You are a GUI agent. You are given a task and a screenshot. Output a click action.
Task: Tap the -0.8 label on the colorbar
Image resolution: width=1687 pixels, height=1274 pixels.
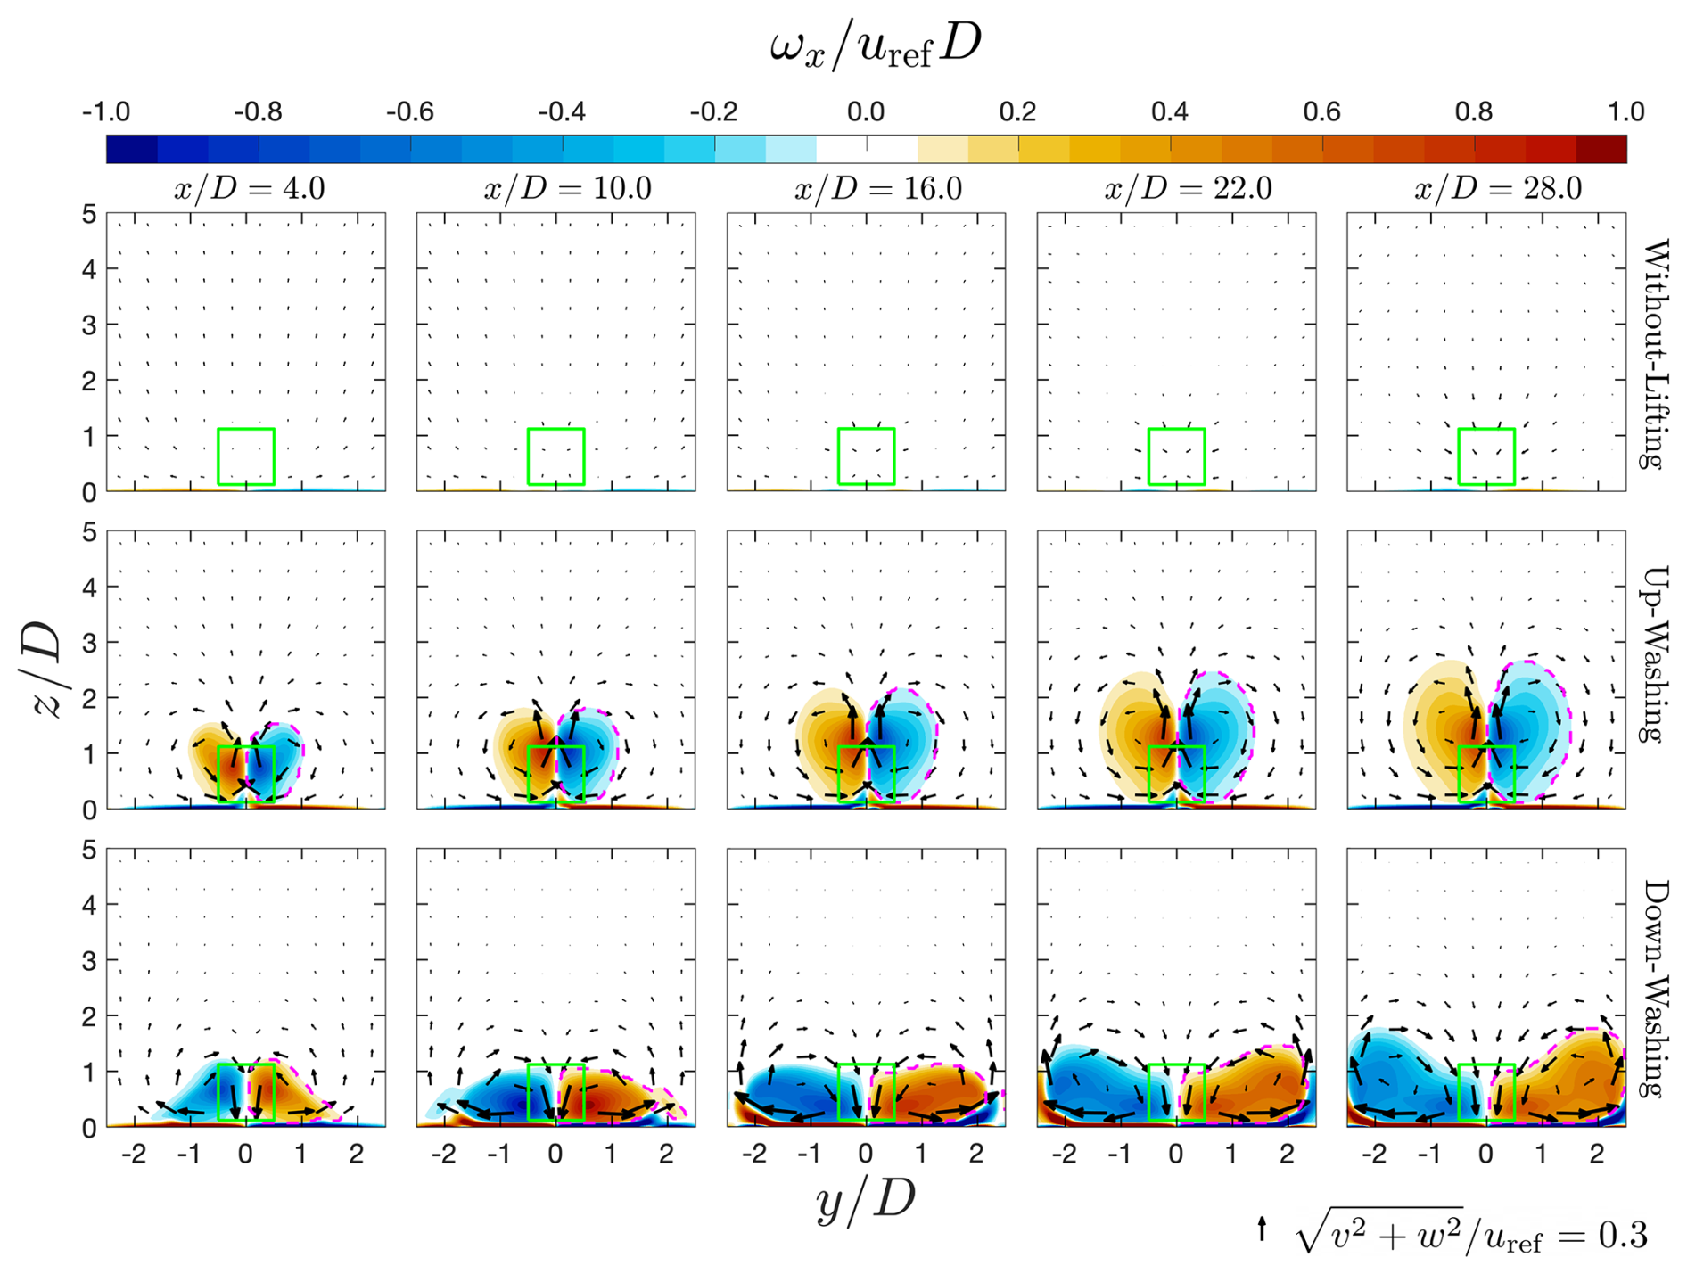pyautogui.click(x=258, y=112)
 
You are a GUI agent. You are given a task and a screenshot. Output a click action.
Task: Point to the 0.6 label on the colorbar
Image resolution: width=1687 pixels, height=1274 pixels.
pyautogui.click(x=1321, y=112)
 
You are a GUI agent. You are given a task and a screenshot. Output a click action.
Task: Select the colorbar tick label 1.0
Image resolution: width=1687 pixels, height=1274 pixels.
pyautogui.click(x=1625, y=112)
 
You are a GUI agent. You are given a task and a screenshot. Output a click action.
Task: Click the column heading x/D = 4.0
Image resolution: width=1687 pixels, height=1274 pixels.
pyautogui.click(x=249, y=189)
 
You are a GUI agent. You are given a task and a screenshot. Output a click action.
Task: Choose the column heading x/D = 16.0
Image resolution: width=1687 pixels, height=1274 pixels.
pyautogui.click(x=878, y=189)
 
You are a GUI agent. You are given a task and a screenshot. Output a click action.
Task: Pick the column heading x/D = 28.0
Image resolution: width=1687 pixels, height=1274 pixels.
pyautogui.click(x=1498, y=189)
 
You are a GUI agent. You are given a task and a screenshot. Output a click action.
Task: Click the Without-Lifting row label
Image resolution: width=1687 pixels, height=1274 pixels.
pyautogui.click(x=1655, y=353)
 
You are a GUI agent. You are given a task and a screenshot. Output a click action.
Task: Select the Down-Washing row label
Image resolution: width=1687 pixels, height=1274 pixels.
pyautogui.click(x=1655, y=989)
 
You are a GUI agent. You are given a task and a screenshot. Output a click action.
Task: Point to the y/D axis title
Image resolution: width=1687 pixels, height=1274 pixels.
pyautogui.click(x=865, y=1201)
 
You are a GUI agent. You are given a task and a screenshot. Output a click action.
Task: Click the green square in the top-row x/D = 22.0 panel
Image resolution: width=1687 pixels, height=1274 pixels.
pyautogui.click(x=1176, y=456)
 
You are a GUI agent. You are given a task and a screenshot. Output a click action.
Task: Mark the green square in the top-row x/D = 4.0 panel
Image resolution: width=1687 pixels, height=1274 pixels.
pyautogui.click(x=246, y=456)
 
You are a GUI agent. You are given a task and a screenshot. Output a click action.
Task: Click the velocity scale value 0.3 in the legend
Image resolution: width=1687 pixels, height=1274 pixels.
pyautogui.click(x=1623, y=1235)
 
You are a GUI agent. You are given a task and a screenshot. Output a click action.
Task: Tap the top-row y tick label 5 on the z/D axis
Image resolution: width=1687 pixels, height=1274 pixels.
pyautogui.click(x=88, y=215)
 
